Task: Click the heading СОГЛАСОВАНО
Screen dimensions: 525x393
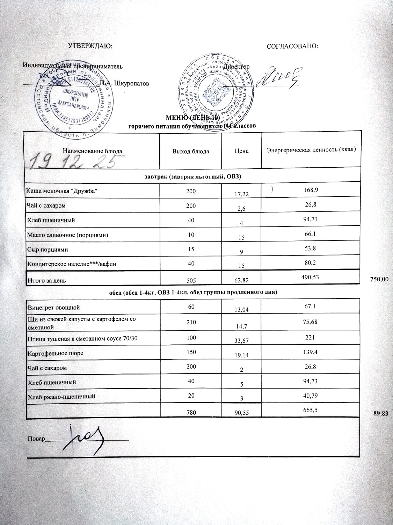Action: [292, 46]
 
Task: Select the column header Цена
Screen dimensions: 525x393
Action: [241, 151]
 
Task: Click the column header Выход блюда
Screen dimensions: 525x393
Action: [191, 151]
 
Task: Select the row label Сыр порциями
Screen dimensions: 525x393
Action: [48, 250]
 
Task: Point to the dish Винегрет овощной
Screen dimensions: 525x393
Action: [54, 308]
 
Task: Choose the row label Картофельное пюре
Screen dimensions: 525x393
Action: [55, 353]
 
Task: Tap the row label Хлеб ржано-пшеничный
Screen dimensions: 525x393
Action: [61, 397]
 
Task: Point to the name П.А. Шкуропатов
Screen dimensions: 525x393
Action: [124, 84]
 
